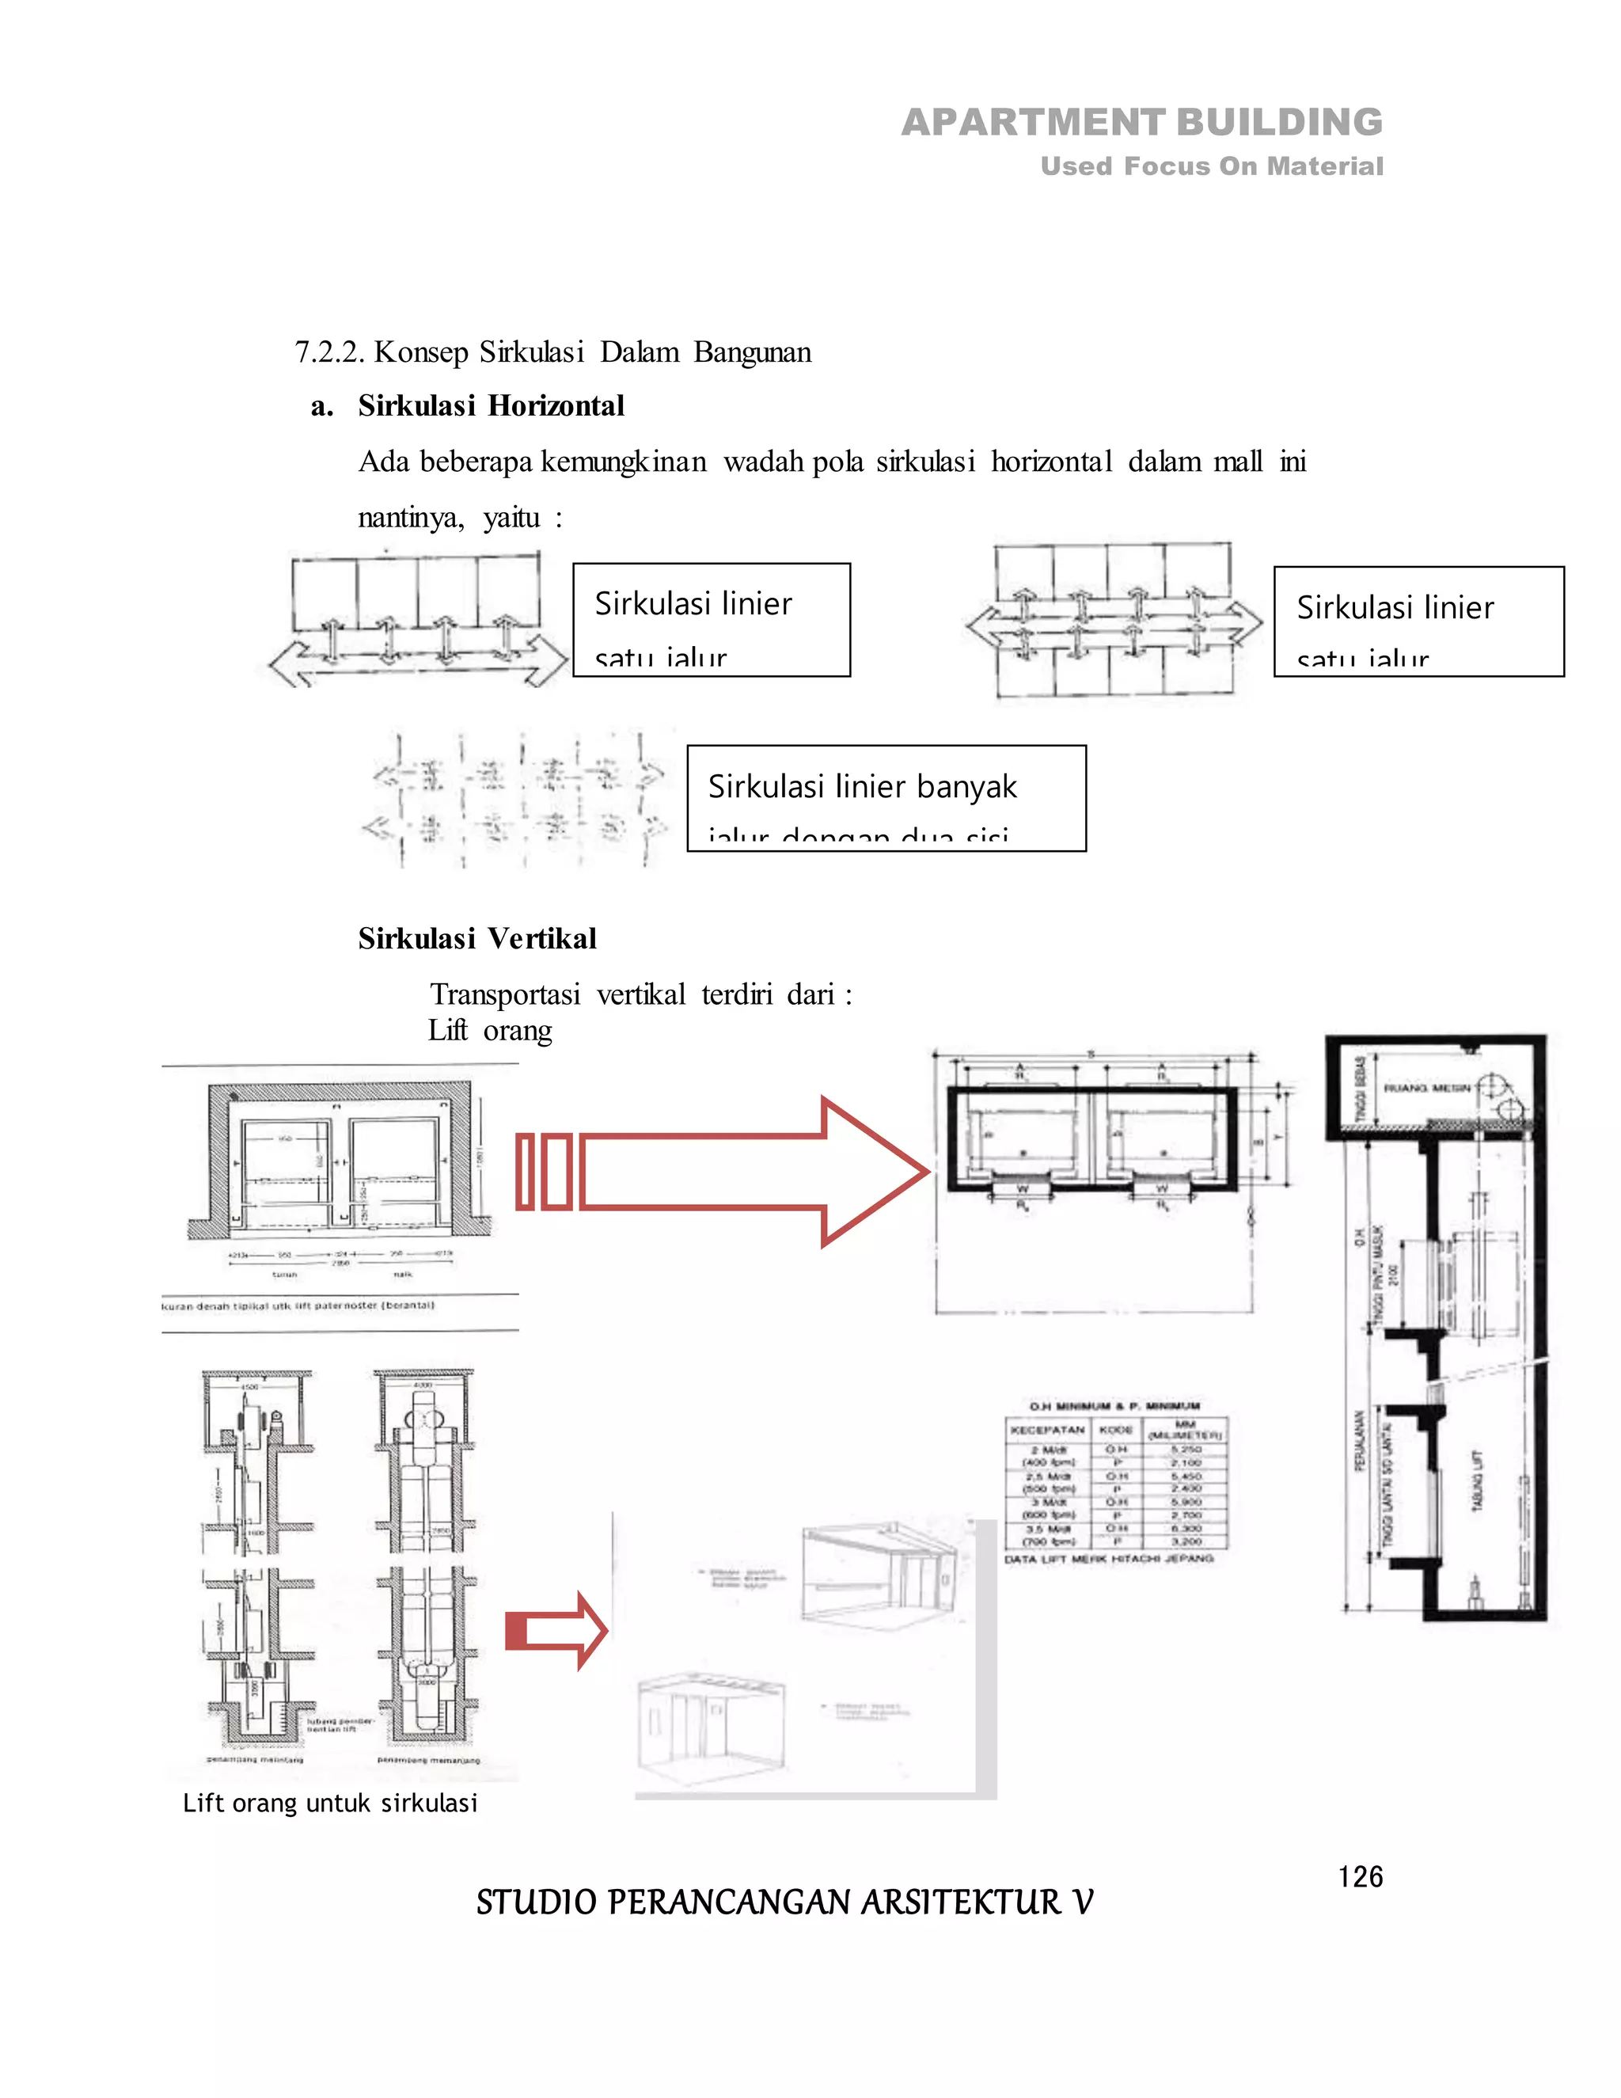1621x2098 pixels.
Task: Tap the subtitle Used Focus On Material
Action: pyautogui.click(x=1211, y=166)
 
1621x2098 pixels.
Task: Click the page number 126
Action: pyautogui.click(x=1360, y=1876)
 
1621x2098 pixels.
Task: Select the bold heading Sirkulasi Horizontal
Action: pyautogui.click(x=491, y=405)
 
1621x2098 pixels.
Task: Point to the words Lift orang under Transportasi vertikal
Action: pyautogui.click(x=490, y=1031)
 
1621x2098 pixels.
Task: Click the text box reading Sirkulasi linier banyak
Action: pyautogui.click(x=886, y=797)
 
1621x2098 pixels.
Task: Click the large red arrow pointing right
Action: pyautogui.click(x=730, y=1171)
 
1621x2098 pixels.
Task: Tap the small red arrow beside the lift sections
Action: pyautogui.click(x=557, y=1630)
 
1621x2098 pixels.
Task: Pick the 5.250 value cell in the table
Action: pyautogui.click(x=1186, y=1449)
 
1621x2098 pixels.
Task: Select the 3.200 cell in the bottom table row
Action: pyautogui.click(x=1186, y=1540)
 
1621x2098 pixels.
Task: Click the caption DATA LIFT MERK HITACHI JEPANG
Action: pyautogui.click(x=1109, y=1558)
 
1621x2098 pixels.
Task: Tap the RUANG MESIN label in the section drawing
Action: pyautogui.click(x=1427, y=1089)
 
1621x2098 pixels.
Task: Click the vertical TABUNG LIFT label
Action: pyautogui.click(x=1478, y=1480)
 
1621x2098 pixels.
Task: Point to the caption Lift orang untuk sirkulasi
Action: pyautogui.click(x=329, y=1803)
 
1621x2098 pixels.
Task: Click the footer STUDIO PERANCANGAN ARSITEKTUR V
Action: pyautogui.click(x=784, y=1902)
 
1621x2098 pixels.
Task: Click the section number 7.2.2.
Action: pyautogui.click(x=328, y=352)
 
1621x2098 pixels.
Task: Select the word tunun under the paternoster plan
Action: pyautogui.click(x=284, y=1275)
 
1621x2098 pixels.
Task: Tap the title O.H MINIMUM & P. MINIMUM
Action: pyautogui.click(x=1115, y=1405)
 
